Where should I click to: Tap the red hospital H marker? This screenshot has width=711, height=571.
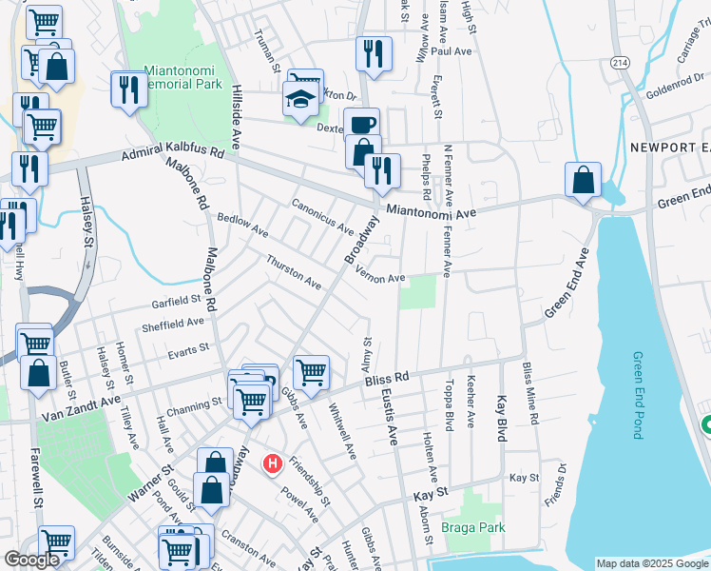(x=273, y=463)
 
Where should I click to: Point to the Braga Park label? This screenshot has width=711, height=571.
(x=472, y=526)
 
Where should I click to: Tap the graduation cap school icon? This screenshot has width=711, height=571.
(x=300, y=99)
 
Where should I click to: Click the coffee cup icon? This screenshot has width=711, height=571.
(x=360, y=124)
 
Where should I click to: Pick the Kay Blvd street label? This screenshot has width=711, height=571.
(x=500, y=419)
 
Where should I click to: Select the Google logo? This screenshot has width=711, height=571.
(x=31, y=560)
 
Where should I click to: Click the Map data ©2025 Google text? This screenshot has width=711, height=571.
(x=650, y=563)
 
